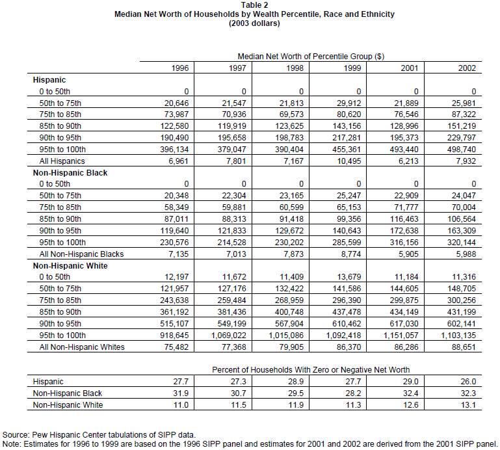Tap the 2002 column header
tap(466, 68)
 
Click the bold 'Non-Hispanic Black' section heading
tap(70, 173)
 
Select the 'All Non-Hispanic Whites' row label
tap(82, 347)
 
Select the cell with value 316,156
tap(404, 242)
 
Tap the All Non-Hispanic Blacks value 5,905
tap(408, 254)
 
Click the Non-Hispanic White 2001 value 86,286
tap(406, 347)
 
